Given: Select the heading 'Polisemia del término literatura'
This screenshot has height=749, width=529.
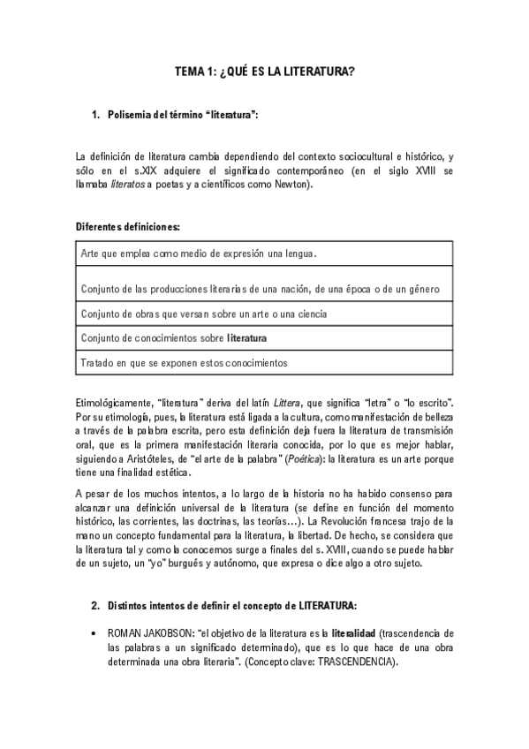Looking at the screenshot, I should [x=182, y=116].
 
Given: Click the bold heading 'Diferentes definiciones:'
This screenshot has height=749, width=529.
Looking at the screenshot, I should [x=128, y=227].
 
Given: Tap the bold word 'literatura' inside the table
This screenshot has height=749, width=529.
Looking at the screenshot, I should [x=246, y=337].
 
